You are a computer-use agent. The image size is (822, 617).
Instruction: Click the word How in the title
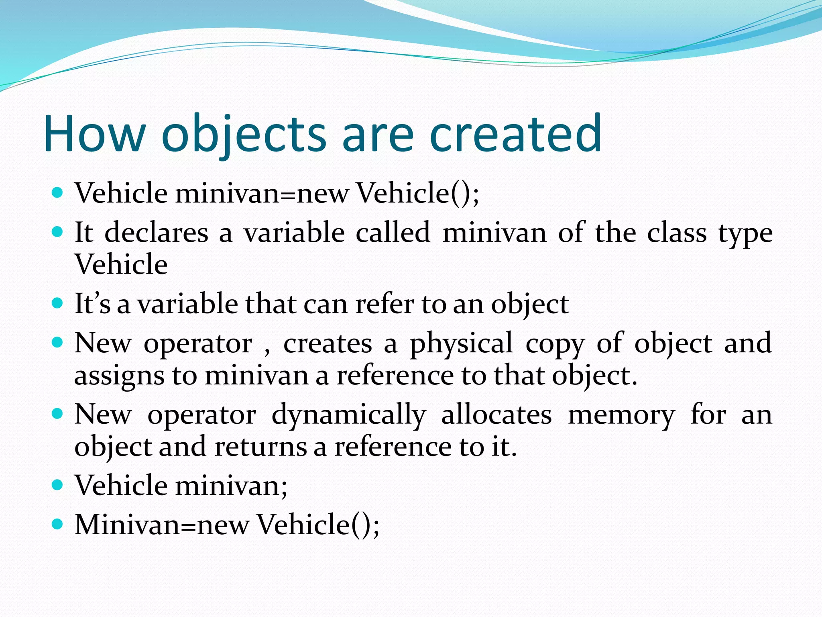tap(95, 133)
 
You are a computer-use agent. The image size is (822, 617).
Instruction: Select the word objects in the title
tap(244, 133)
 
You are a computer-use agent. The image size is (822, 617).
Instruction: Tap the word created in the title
tap(515, 133)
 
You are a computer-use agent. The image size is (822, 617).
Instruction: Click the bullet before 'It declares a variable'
tap(58, 232)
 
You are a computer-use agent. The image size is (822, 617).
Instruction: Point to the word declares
tap(156, 233)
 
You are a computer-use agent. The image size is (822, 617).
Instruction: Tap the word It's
tap(92, 304)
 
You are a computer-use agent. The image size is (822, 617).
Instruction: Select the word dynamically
tap(348, 415)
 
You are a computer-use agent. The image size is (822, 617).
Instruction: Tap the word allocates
tap(496, 415)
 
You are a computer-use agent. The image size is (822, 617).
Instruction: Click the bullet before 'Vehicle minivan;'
tap(58, 485)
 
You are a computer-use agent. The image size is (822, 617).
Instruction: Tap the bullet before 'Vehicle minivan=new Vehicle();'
tap(58, 193)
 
